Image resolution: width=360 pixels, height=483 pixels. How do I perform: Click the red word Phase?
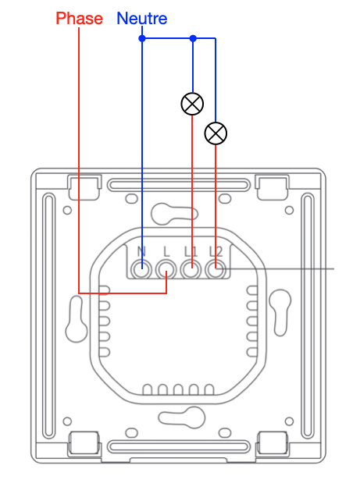click(79, 19)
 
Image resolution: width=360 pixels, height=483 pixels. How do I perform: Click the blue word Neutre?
click(142, 19)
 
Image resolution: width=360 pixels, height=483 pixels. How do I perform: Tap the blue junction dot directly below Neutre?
click(142, 38)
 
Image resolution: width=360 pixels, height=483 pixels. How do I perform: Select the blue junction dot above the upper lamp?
click(193, 38)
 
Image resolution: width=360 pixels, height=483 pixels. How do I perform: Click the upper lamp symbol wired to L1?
click(192, 104)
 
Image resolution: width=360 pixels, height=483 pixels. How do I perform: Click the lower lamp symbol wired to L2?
click(216, 133)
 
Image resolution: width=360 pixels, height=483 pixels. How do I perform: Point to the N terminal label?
click(141, 252)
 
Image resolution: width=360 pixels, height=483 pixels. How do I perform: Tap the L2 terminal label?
click(216, 252)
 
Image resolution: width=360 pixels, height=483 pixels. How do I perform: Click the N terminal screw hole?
click(141, 270)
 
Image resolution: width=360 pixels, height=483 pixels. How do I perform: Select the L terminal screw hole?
click(166, 270)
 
